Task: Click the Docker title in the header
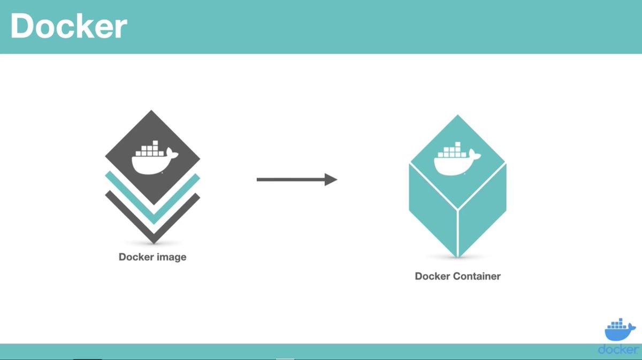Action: point(68,27)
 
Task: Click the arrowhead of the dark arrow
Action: point(330,180)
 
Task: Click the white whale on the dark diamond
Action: point(152,163)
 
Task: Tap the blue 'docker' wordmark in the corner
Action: point(619,349)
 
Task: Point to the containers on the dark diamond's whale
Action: point(151,149)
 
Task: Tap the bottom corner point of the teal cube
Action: point(457,256)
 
